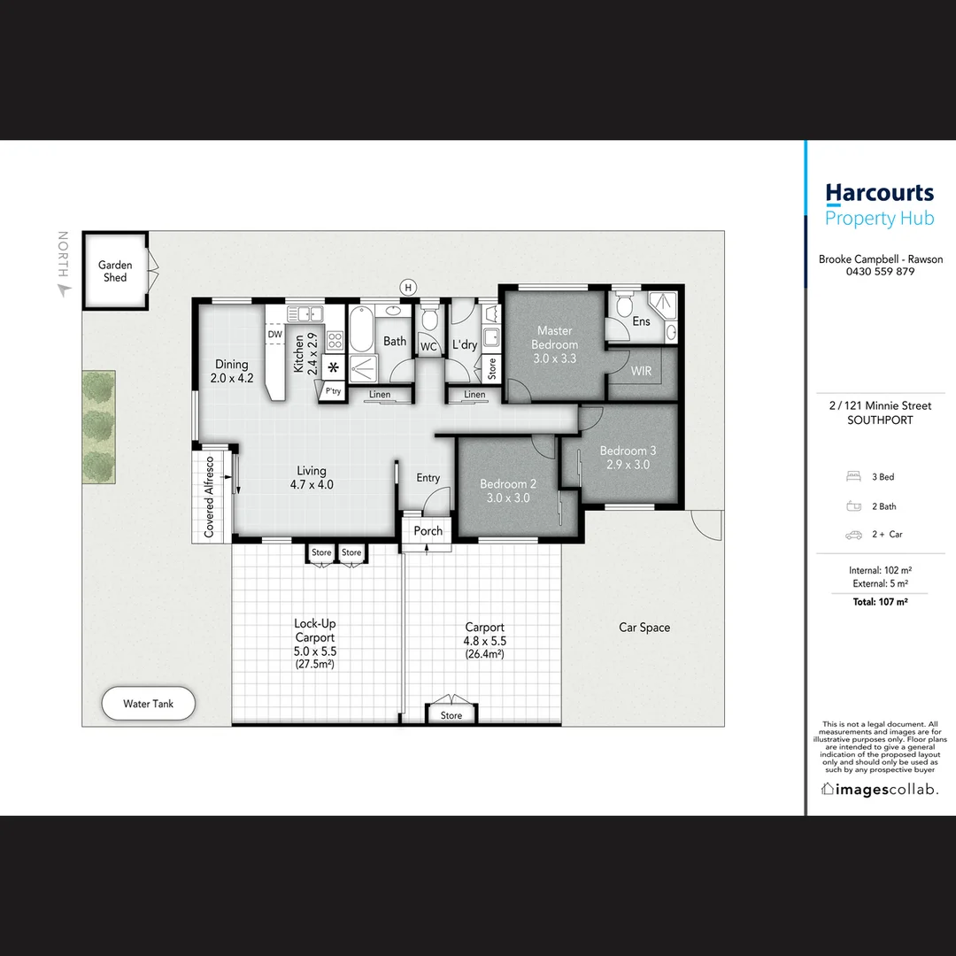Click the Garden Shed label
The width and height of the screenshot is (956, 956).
115,271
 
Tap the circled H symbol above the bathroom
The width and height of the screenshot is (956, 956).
408,287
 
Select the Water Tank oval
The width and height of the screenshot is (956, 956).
148,705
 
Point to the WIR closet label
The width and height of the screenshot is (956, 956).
641,371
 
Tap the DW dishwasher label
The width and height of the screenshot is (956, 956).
274,335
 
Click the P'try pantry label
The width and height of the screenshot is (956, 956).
333,390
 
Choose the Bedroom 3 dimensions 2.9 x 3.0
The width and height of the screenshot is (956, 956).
628,464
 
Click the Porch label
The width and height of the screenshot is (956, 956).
428,531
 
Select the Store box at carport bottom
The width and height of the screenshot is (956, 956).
451,715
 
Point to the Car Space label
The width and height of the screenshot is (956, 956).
644,628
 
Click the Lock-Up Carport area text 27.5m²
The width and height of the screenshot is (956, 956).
314,664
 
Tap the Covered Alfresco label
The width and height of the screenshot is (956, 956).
210,497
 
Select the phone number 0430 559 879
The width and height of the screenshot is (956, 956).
879,272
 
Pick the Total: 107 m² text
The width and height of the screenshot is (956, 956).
879,602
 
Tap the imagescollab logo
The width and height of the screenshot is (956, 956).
879,790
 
